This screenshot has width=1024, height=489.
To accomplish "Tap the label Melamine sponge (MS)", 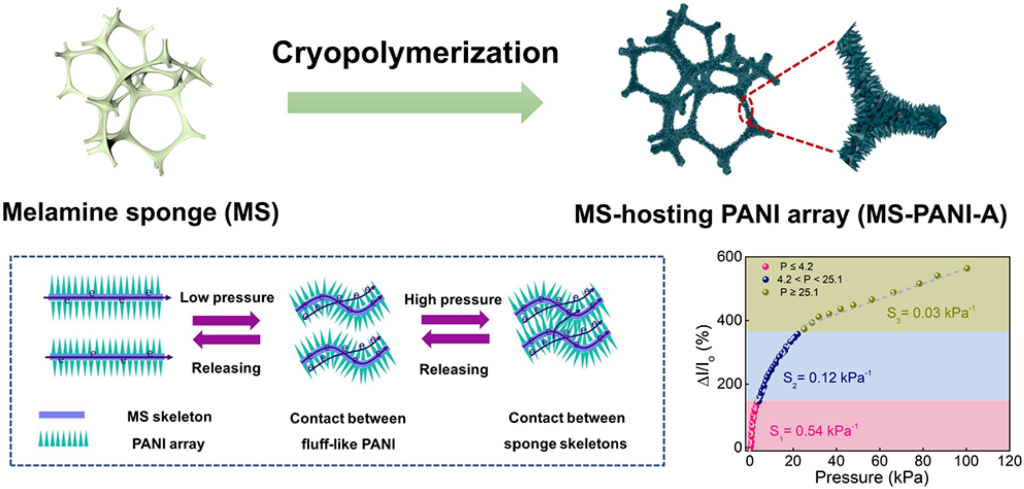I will [141, 212].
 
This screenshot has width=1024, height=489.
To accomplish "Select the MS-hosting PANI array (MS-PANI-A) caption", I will [791, 214].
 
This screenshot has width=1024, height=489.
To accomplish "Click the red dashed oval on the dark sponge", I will [745, 109].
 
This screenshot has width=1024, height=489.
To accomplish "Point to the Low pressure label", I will [227, 298].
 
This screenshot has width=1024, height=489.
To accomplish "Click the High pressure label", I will [453, 299].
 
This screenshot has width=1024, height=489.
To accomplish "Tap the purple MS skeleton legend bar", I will [62, 415].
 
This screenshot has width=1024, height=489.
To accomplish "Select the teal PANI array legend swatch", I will [63, 439].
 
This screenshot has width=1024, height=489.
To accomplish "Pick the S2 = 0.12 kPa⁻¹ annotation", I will [827, 377].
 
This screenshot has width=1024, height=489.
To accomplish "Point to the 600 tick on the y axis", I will [729, 257].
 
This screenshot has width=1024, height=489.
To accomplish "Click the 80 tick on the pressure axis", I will [923, 461].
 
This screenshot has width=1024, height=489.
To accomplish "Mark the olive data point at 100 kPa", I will [967, 268].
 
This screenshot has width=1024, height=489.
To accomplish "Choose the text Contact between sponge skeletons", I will [566, 430].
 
